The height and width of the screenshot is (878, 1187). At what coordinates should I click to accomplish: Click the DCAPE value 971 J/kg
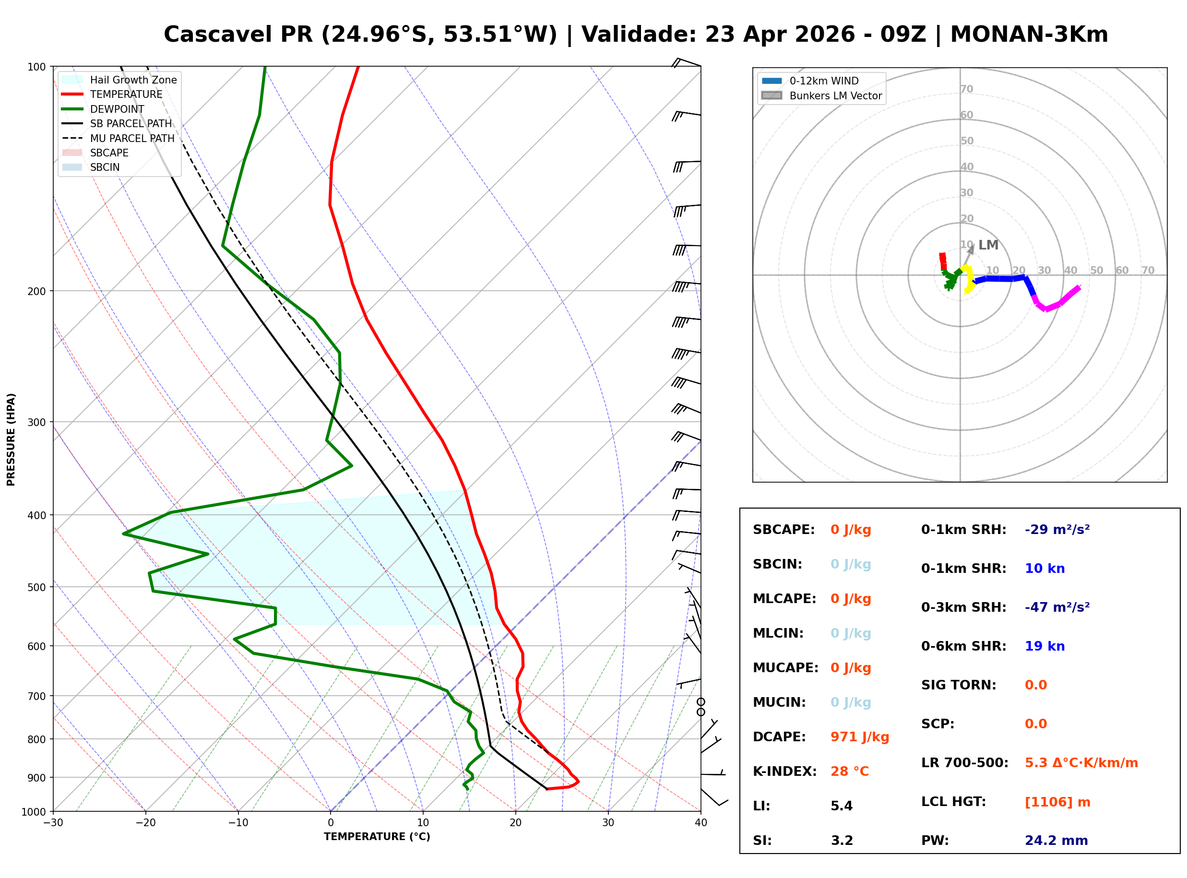coord(859,737)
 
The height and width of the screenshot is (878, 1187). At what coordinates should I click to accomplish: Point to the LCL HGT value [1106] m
coord(1057,802)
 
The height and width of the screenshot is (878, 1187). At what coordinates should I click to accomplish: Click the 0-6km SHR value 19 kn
coord(1045,646)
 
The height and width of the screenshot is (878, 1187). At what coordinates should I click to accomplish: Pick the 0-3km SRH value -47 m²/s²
coord(1057,607)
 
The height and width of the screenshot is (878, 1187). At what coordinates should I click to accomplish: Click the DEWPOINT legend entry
coord(117,109)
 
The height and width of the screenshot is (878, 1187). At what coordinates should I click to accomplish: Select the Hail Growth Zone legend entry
coord(133,80)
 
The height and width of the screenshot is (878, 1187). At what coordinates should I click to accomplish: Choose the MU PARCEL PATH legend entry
coord(132,138)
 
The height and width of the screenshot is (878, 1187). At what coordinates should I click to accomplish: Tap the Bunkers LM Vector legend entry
coord(835,95)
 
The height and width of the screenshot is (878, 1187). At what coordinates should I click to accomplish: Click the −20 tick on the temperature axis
coord(145,823)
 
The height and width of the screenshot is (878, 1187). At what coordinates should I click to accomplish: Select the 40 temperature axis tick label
coord(700,823)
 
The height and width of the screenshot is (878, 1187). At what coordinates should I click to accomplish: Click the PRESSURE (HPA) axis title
coord(11,439)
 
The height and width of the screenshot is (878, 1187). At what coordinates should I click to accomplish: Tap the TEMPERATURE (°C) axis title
coord(377,837)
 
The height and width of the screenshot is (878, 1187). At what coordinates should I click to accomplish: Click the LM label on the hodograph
coord(988,245)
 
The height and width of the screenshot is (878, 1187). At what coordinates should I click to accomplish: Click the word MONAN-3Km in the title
coord(1029,35)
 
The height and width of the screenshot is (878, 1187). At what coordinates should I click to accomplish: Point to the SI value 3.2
coord(842,841)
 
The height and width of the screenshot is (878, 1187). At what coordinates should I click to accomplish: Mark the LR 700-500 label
coord(964,763)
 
